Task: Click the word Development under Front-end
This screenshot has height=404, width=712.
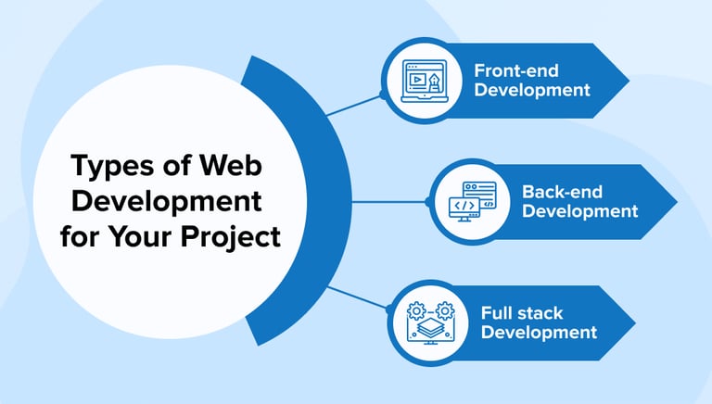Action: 531,90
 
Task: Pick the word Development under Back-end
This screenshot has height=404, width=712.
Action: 579,211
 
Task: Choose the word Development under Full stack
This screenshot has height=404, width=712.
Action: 539,332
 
